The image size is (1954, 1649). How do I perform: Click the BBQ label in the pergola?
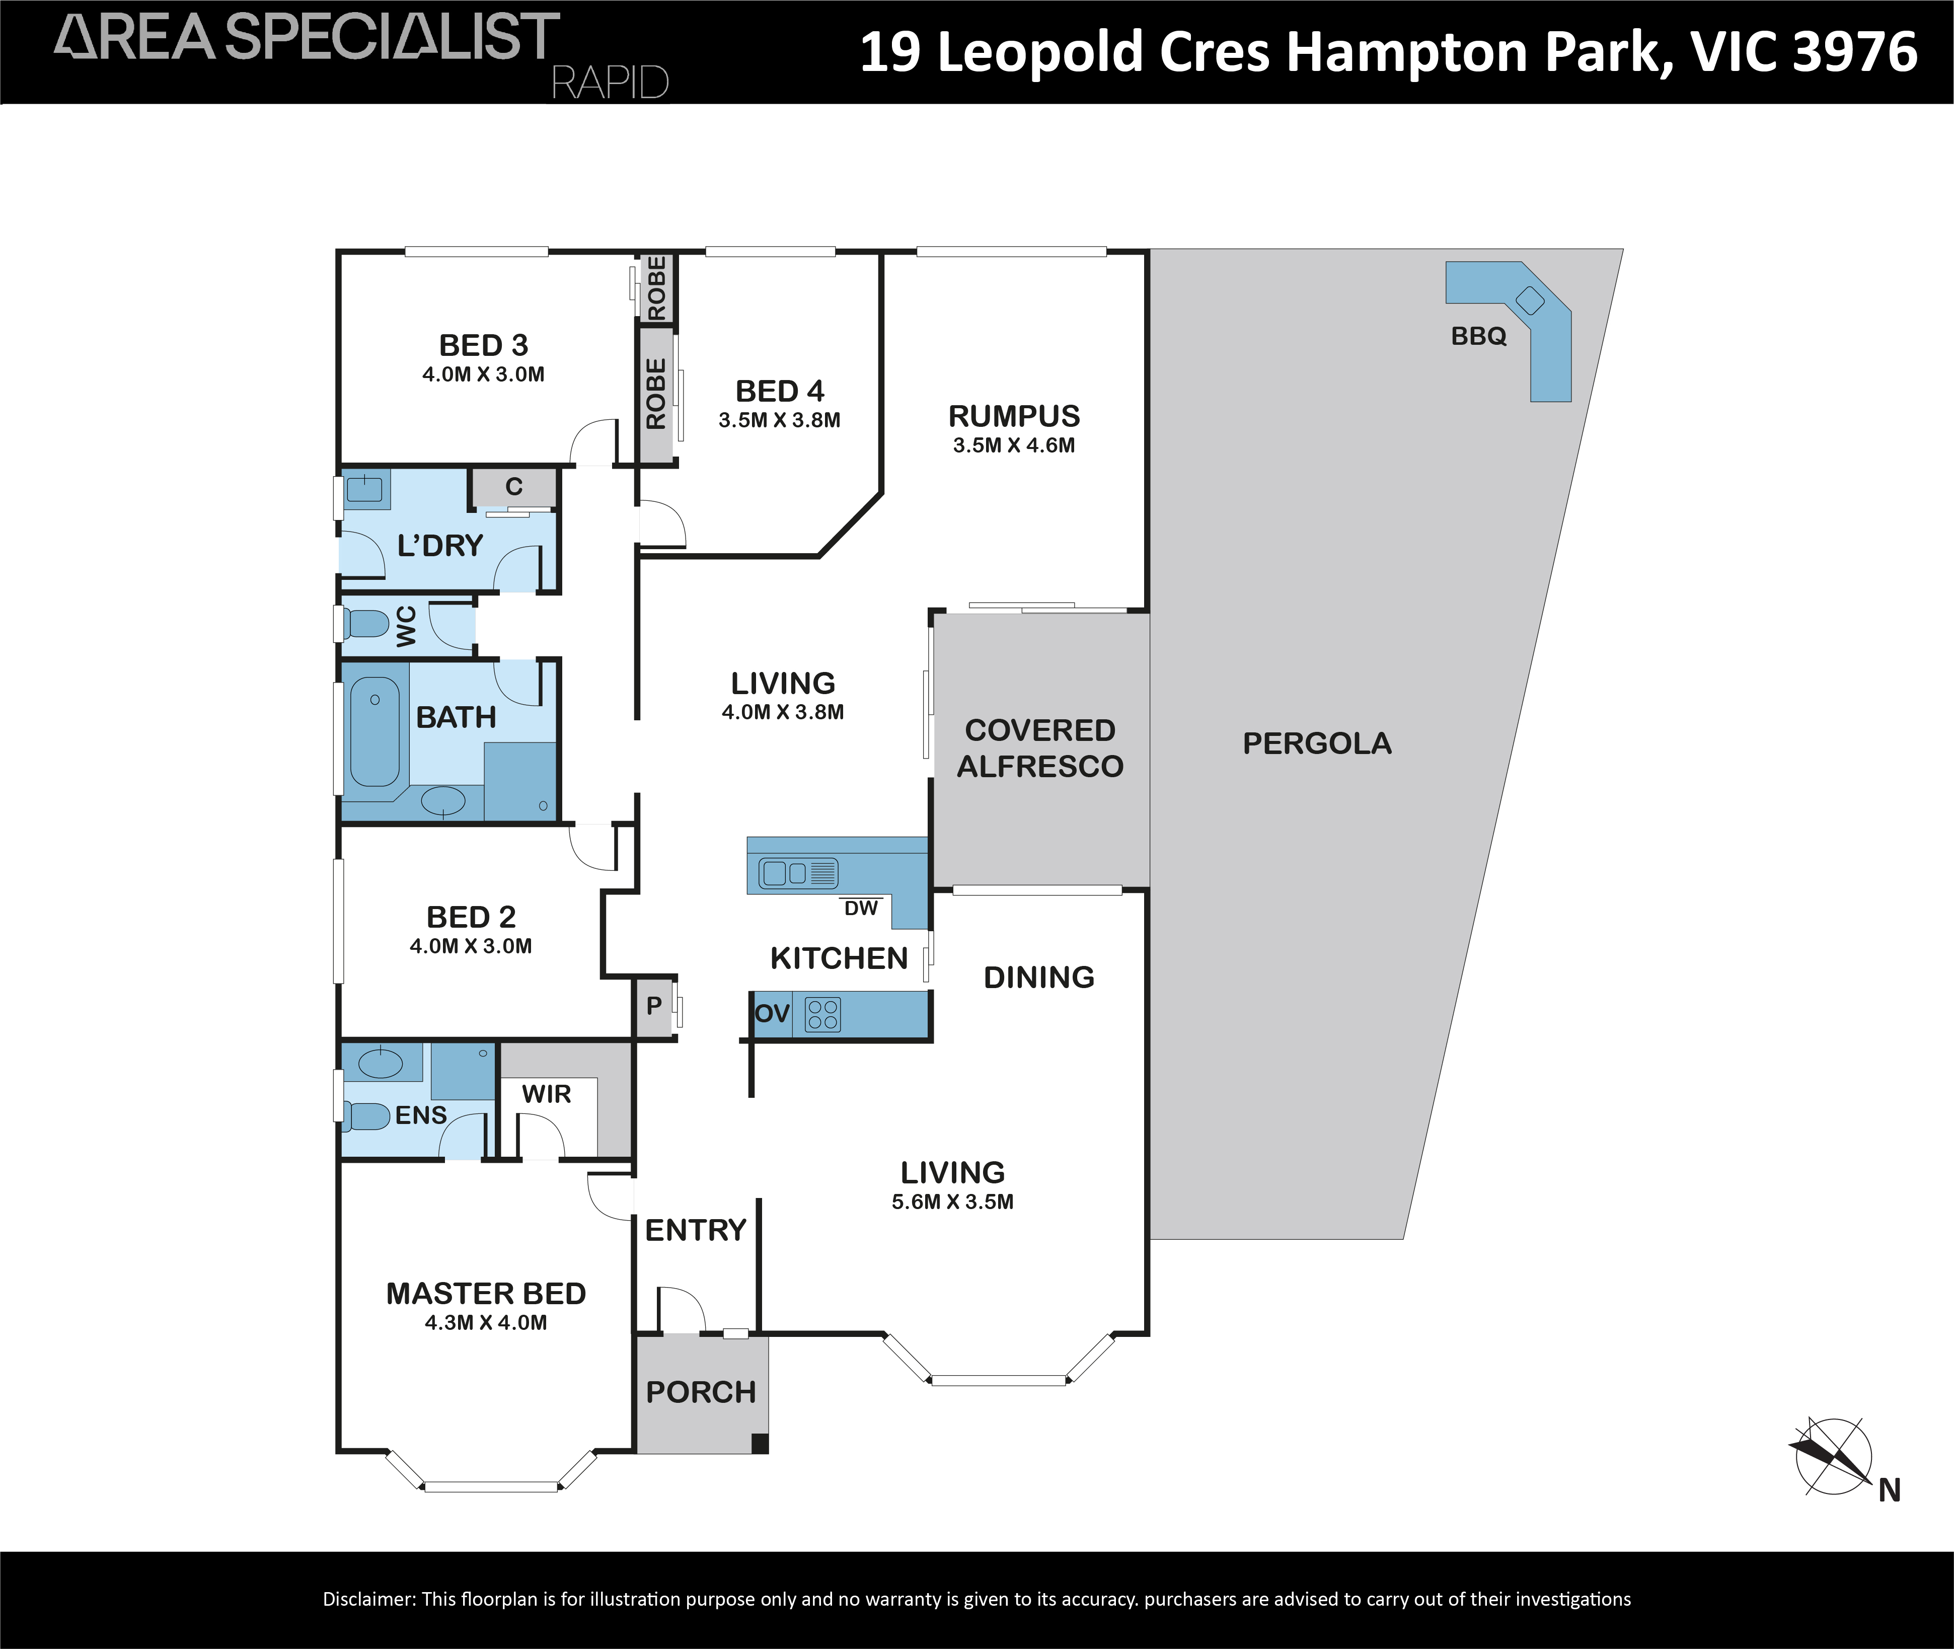pyautogui.click(x=1478, y=337)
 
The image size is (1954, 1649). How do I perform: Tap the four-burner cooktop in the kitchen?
pyautogui.click(x=823, y=1014)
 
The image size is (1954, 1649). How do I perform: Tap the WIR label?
pyautogui.click(x=546, y=1094)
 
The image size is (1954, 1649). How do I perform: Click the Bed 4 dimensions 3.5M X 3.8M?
pyautogui.click(x=780, y=421)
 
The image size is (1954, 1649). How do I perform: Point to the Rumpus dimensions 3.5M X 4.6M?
pyautogui.click(x=1014, y=446)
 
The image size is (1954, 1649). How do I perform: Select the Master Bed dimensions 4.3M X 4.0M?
pyautogui.click(x=486, y=1323)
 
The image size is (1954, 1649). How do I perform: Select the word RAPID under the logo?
pyautogui.click(x=611, y=83)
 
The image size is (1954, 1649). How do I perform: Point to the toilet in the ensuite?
pyautogui.click(x=366, y=1115)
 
